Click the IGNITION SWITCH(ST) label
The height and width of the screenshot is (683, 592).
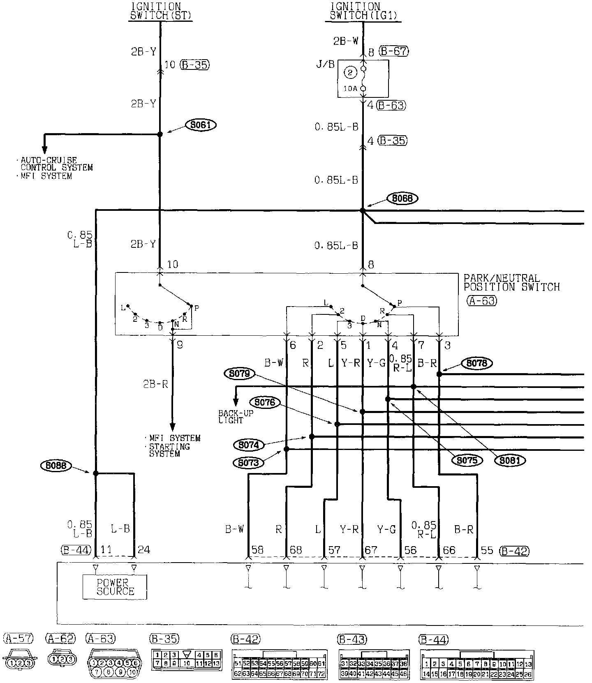(x=160, y=11)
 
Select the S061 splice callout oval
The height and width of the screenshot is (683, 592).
(x=201, y=124)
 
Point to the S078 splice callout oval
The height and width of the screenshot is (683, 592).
(x=476, y=363)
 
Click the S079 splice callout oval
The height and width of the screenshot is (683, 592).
(x=240, y=374)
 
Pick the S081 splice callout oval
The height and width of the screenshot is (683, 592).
(x=510, y=460)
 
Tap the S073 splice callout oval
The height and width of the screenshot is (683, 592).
(x=248, y=463)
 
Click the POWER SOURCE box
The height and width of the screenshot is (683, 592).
(x=115, y=587)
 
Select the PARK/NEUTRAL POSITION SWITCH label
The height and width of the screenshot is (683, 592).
(x=511, y=283)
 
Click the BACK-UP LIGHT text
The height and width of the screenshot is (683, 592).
(x=236, y=417)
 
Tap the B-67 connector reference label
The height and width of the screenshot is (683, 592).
(x=393, y=51)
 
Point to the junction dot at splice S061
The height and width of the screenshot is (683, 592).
(x=160, y=134)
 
